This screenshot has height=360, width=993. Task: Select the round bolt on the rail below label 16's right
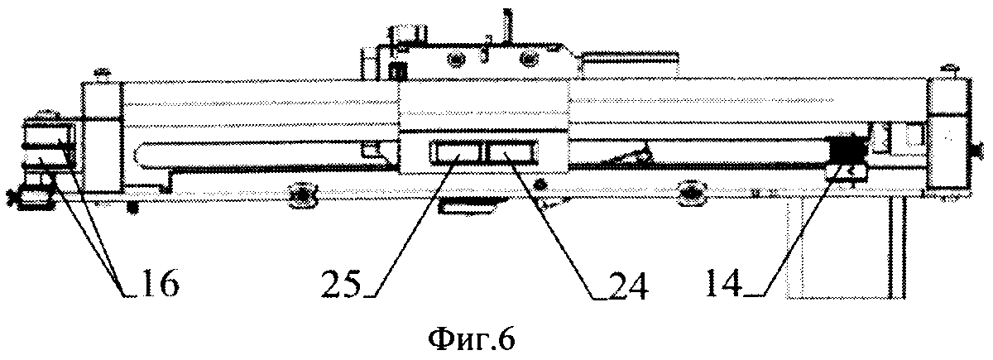click(x=300, y=195)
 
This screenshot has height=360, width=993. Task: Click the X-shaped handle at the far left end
click(x=12, y=197)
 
